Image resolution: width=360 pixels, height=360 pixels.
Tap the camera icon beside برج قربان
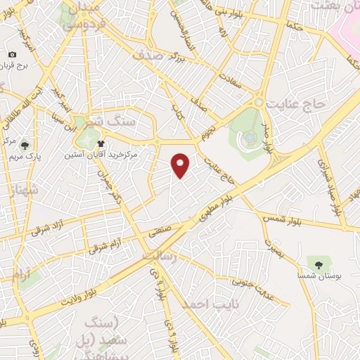(x=13, y=55)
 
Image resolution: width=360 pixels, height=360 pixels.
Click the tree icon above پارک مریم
(x=25, y=146)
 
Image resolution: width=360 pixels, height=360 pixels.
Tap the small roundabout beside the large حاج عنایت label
(x=259, y=103)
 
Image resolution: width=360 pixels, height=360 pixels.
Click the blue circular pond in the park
(x=247, y=140)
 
